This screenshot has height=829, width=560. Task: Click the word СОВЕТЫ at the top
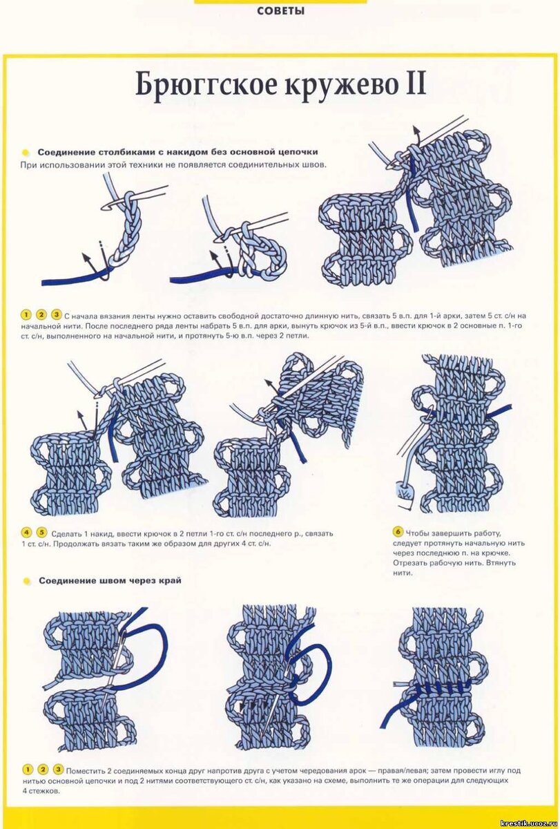tap(280, 11)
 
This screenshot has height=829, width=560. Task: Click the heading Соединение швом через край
tap(110, 580)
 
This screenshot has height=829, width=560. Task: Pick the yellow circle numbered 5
tap(42, 533)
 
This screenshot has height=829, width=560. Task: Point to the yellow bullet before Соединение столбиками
tap(25, 152)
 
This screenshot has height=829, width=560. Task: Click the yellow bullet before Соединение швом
tap(26, 581)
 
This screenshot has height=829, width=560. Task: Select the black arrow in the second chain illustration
tap(221, 263)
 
